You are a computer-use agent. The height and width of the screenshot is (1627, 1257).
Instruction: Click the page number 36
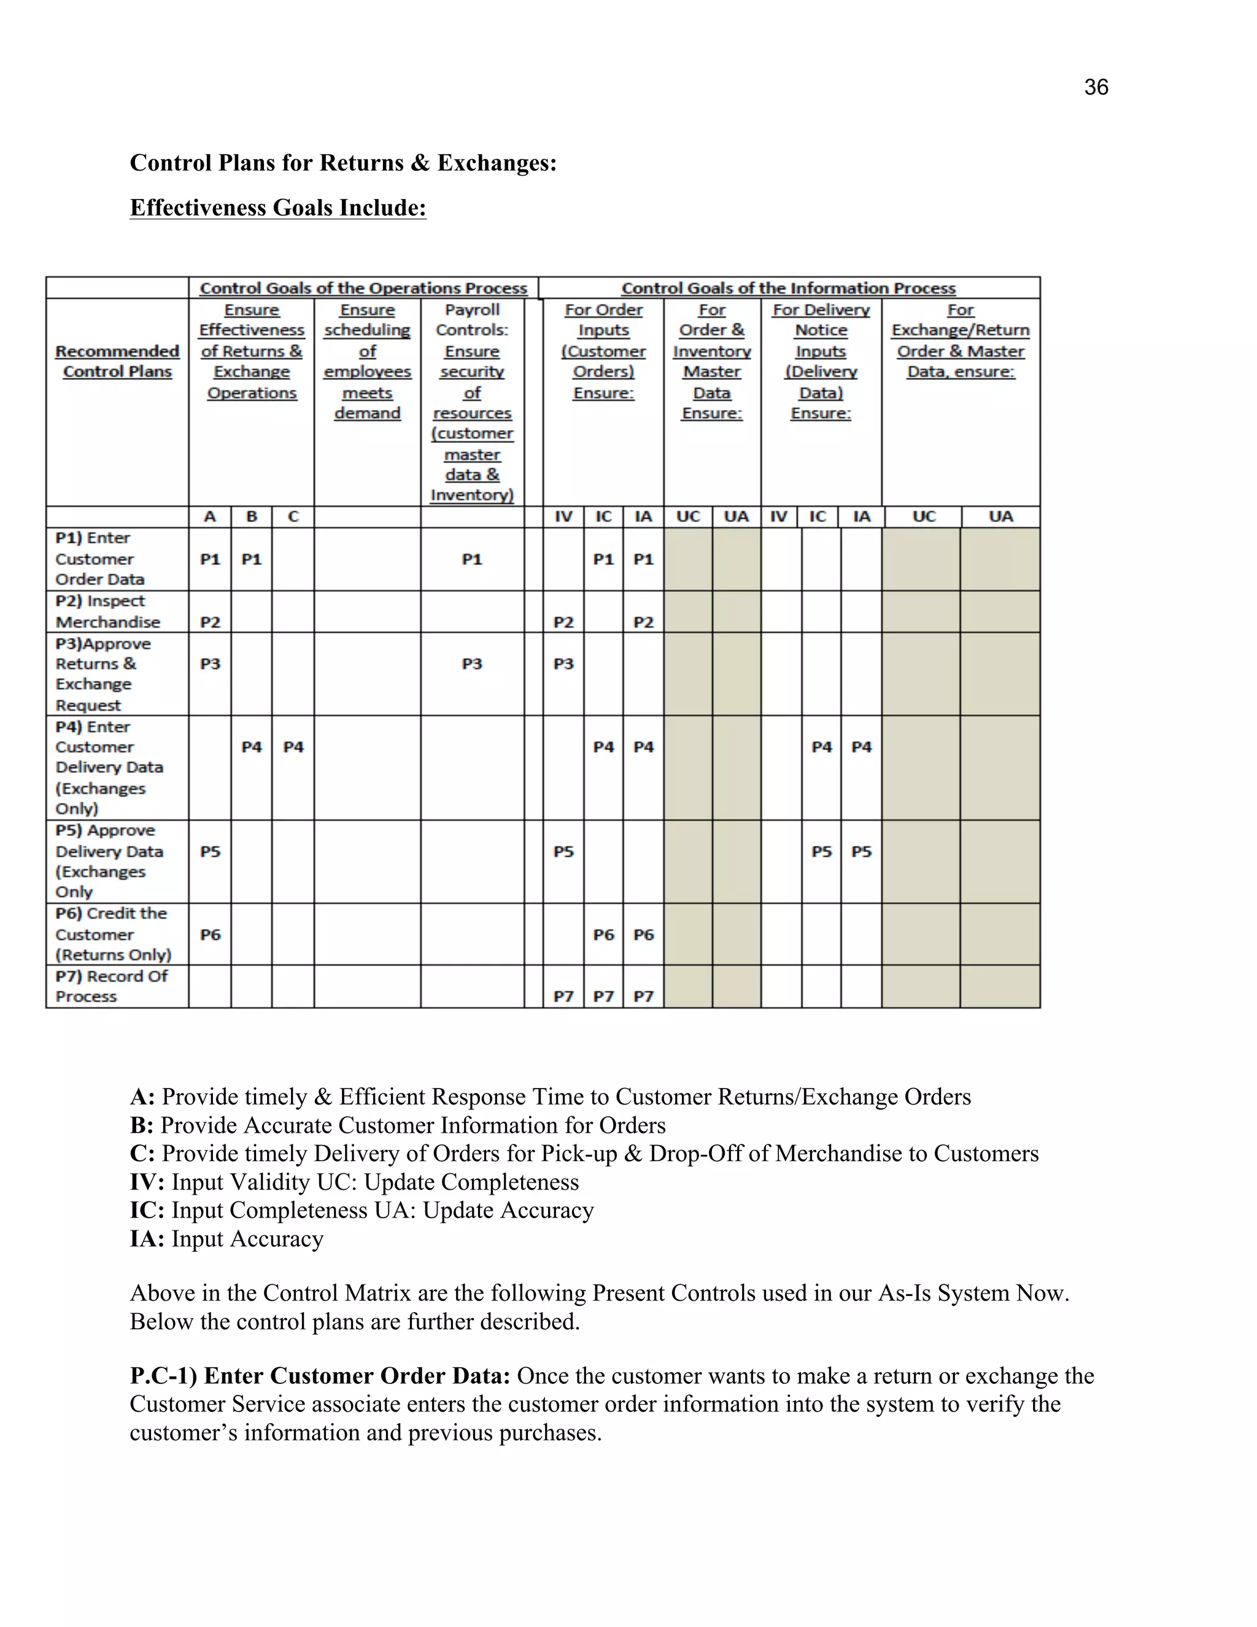click(x=1096, y=88)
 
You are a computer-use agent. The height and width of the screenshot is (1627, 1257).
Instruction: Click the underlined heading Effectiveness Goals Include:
click(x=278, y=208)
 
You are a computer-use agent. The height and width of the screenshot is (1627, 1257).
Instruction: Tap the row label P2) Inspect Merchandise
click(x=107, y=612)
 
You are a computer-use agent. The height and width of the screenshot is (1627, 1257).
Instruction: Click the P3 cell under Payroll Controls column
click(x=472, y=664)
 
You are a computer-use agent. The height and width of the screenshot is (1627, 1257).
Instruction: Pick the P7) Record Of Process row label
click(x=111, y=987)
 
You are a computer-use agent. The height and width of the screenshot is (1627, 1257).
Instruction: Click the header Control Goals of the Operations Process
click(x=363, y=289)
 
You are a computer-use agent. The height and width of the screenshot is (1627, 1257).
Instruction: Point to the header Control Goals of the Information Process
click(x=788, y=289)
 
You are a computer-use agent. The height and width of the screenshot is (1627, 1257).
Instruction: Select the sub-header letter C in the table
click(x=293, y=517)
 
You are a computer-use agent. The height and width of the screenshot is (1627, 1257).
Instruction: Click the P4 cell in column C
click(x=293, y=747)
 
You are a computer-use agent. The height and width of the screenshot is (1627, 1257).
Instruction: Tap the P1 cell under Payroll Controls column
click(x=472, y=559)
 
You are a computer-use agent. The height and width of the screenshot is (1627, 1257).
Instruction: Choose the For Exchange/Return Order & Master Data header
click(x=960, y=341)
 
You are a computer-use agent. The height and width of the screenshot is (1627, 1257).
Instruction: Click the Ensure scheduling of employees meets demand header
click(x=367, y=361)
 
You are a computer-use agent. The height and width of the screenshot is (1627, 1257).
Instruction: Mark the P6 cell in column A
click(x=211, y=935)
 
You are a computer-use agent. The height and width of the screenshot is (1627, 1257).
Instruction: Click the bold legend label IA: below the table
click(x=147, y=1239)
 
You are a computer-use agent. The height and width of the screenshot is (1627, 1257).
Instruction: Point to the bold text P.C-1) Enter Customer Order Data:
click(x=319, y=1376)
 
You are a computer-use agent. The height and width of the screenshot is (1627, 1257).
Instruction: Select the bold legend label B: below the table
click(x=142, y=1125)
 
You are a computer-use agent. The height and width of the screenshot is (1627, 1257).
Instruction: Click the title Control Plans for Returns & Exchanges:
click(x=343, y=163)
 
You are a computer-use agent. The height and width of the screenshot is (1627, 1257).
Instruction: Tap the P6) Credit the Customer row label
click(x=112, y=934)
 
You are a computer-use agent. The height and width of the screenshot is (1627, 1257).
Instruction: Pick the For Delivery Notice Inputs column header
click(x=821, y=361)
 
